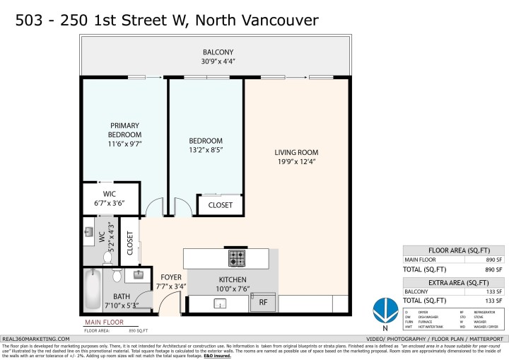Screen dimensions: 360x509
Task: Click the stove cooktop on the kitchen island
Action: pos(237,257)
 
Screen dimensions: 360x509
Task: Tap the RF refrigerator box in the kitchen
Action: pos(262,302)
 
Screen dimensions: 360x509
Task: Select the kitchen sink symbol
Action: pos(219,304)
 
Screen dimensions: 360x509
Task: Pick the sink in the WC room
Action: pos(89,232)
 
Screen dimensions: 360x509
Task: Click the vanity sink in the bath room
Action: pos(139,274)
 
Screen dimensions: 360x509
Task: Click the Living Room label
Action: pos(296,152)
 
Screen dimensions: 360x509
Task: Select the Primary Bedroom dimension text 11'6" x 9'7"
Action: pos(124,144)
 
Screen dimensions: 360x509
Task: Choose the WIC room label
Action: pos(108,194)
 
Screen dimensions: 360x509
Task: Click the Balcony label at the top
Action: pos(218,52)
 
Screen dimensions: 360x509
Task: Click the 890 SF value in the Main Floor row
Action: pos(493,260)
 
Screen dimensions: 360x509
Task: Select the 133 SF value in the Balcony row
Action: pos(493,291)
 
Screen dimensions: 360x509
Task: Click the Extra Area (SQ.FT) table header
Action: pos(455,281)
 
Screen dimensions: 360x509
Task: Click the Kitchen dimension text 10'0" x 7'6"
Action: pos(233,288)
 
